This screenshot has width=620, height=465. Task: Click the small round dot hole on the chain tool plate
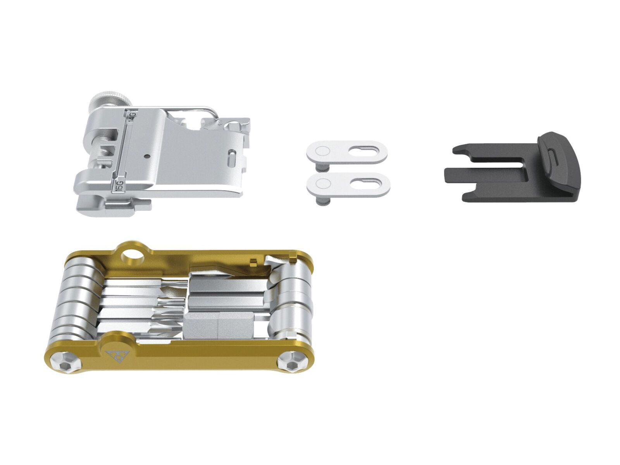click(146, 157)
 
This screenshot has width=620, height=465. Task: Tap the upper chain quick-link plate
click(347, 152)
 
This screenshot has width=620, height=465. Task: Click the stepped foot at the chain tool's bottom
click(112, 207)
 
